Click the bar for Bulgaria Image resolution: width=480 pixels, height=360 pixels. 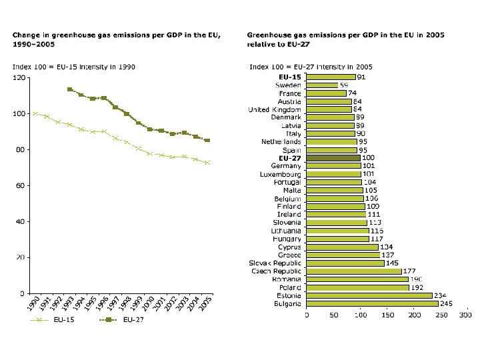[x=372, y=303]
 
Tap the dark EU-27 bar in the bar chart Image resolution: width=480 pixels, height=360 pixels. [x=333, y=158]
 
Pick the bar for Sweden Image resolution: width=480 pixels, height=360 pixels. [x=322, y=85]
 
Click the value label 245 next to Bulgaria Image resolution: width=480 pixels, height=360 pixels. [x=447, y=303]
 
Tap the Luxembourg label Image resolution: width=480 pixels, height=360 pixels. [x=280, y=174]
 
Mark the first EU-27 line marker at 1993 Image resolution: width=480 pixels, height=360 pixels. [x=70, y=89]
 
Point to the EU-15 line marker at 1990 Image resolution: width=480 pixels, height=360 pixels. [x=35, y=113]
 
